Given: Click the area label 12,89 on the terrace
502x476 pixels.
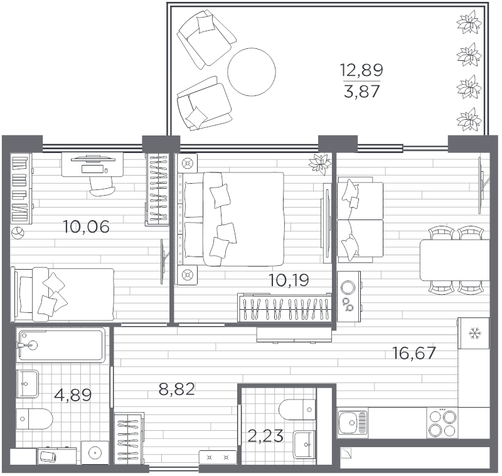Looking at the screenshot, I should coord(361,69).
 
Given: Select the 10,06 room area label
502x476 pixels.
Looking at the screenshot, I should coord(86,226).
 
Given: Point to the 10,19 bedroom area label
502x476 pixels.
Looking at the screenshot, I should coord(289,280).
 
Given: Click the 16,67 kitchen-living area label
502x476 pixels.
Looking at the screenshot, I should coord(414,353).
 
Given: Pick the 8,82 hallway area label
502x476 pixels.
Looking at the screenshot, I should coord(176,390).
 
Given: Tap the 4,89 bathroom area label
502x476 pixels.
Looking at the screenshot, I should coord(73,395).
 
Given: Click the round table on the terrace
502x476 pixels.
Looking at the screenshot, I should coord(252,71).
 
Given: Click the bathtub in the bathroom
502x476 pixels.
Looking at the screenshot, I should coord(61,345).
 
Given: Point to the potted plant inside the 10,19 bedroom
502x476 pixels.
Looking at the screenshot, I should coord(319,163).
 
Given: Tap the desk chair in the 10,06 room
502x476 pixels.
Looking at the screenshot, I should coord(102,183).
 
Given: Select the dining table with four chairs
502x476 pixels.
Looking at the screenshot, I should coord(454,260).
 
